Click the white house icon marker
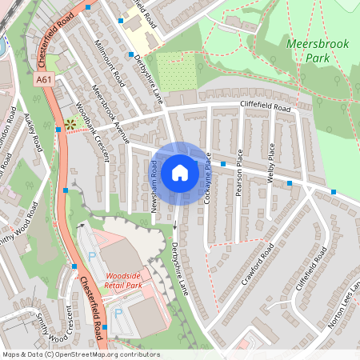(179, 172)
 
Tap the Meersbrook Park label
(317, 50)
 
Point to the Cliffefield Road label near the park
(265, 107)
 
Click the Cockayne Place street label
(206, 178)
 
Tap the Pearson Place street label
(239, 165)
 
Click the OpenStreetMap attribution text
(80, 354)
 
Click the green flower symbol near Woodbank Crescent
(70, 125)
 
